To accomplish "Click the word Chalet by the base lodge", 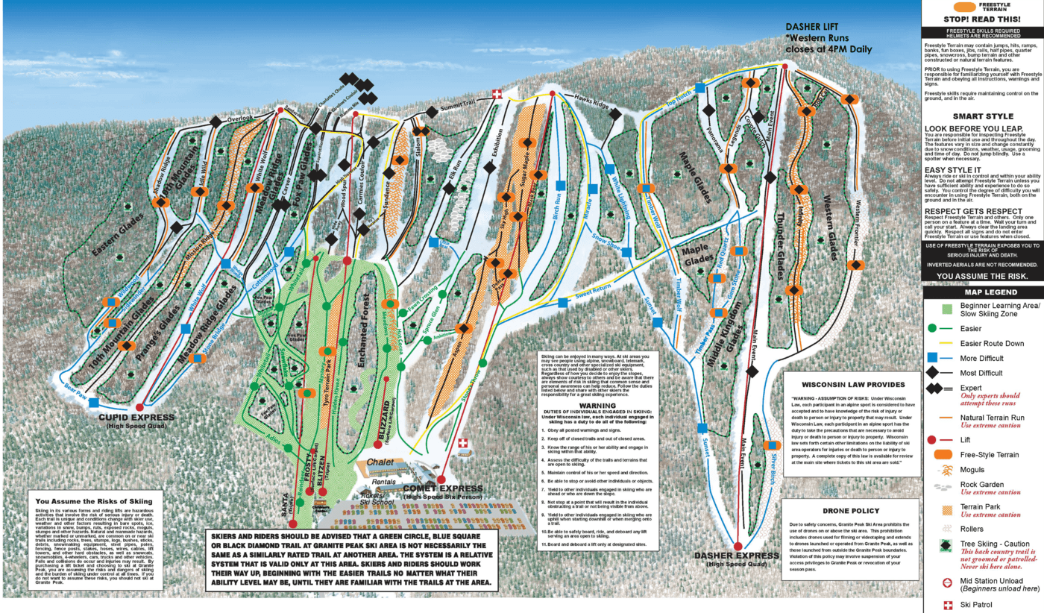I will (379, 463).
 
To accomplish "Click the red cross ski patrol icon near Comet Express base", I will (463, 443).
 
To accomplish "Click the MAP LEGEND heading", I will (982, 292).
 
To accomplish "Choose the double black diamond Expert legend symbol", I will (938, 389).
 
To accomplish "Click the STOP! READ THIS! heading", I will (981, 19).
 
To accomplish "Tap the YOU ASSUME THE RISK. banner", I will (982, 276).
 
